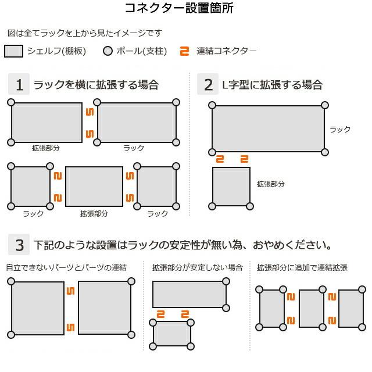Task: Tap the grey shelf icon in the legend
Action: (14, 51)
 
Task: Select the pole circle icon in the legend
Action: (107, 51)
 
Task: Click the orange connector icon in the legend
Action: (185, 51)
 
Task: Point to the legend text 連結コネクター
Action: (226, 51)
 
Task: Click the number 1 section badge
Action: (19, 85)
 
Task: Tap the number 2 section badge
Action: (208, 85)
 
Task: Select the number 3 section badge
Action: (19, 245)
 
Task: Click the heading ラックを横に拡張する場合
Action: (96, 85)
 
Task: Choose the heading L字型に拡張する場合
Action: (272, 85)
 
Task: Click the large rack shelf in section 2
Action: (268, 128)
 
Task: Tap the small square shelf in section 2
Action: (231, 186)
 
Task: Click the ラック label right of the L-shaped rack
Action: (340, 129)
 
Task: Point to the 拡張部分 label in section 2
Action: (271, 184)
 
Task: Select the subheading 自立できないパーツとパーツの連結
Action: (66, 267)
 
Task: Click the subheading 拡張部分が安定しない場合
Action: (197, 267)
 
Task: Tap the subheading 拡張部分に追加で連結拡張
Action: (302, 267)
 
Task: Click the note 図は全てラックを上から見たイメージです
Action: (84, 33)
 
